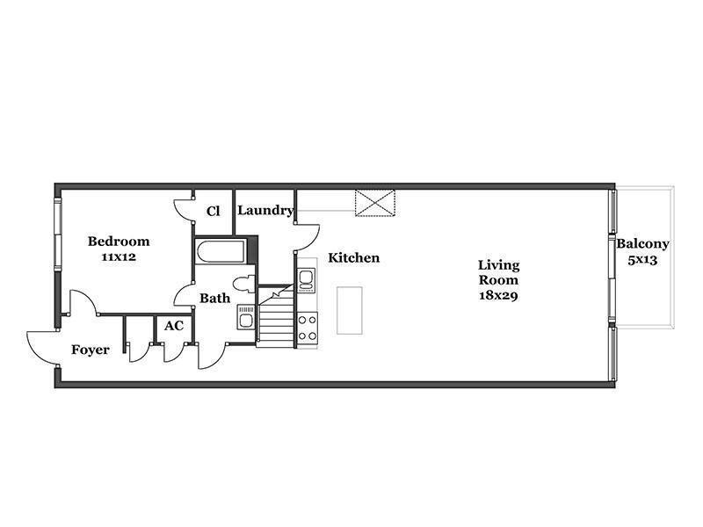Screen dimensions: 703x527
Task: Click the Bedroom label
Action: pos(119,241)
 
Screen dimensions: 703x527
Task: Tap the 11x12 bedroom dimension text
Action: pos(119,257)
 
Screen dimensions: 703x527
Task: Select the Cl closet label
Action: pos(213,211)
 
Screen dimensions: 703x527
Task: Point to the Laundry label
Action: pos(265,210)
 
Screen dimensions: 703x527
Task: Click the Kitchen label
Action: pos(354,257)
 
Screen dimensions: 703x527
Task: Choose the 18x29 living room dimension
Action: pos(498,295)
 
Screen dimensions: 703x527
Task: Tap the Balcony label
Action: pos(642,244)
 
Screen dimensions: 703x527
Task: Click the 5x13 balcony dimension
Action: pos(642,260)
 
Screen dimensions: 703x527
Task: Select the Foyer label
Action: pos(91,350)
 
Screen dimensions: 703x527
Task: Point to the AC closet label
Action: pos(173,326)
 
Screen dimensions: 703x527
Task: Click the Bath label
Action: pos(214,298)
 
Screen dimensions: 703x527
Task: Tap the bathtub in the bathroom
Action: pos(221,252)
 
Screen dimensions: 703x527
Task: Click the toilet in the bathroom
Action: pos(244,284)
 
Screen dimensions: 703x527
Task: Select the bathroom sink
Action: pos(246,317)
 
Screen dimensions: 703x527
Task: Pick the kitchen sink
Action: pos(307,280)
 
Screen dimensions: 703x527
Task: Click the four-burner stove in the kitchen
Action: pos(308,328)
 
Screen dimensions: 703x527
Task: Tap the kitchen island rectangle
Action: pos(350,311)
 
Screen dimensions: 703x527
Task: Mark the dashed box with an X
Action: pos(375,203)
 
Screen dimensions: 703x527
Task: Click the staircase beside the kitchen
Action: pos(275,316)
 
